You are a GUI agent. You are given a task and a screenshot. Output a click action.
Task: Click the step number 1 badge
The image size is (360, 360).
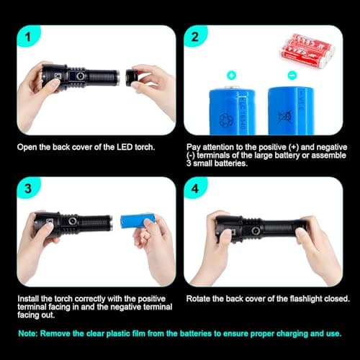[x=28, y=37]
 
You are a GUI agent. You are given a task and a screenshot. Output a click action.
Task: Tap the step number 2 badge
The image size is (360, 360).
[x=195, y=37]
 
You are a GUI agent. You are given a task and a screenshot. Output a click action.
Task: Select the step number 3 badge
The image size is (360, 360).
[x=28, y=189]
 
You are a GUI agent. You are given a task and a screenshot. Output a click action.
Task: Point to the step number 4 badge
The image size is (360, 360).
[x=195, y=189]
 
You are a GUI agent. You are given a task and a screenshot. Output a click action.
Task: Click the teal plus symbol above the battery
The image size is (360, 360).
[x=231, y=75]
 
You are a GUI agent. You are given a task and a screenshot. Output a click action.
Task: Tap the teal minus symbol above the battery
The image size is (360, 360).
[x=292, y=76]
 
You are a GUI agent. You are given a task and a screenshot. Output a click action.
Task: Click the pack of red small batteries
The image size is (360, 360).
[x=307, y=50]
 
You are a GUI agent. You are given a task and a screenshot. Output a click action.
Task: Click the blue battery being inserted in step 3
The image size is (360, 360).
[x=138, y=221]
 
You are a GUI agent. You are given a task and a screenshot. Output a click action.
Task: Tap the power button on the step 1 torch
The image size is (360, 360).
[x=80, y=76]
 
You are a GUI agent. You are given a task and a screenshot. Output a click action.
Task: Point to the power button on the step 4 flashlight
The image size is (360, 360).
[x=256, y=231]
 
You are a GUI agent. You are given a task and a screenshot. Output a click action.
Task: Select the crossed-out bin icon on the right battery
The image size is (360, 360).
[x=285, y=117]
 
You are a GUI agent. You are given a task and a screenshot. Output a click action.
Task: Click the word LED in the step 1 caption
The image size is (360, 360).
[x=125, y=147]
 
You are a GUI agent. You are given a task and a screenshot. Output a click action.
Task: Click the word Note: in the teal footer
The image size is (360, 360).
[x=28, y=333]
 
